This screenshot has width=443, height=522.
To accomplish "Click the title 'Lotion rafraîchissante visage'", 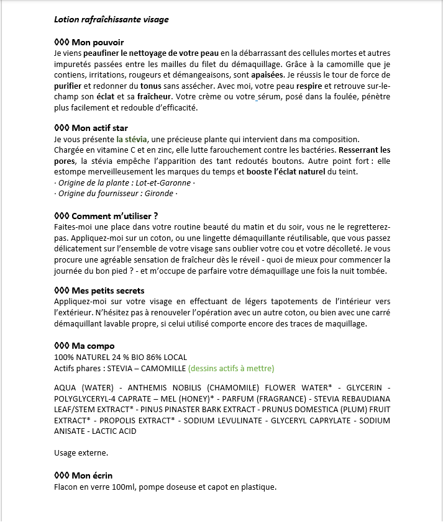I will click(x=111, y=19).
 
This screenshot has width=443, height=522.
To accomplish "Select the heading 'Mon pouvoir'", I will click(x=98, y=42).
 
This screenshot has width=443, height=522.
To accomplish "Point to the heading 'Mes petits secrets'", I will click(x=108, y=290).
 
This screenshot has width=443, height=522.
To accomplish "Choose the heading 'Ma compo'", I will click(x=93, y=346).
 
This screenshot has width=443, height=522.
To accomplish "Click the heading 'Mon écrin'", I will click(x=93, y=475).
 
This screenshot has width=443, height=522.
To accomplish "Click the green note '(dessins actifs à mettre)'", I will click(x=231, y=368).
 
